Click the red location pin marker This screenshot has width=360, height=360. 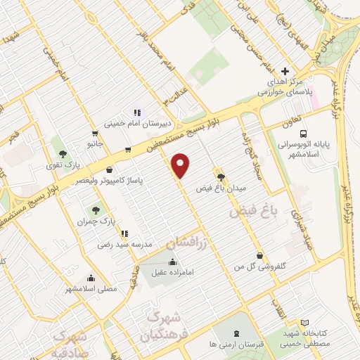tap(181, 165)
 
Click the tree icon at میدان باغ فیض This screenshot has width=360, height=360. tap(221, 177)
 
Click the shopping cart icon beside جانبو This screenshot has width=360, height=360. tap(95, 132)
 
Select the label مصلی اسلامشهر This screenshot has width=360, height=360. tap(90, 289)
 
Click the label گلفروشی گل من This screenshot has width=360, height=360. tap(261, 267)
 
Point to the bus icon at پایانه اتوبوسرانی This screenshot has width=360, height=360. tap(303, 134)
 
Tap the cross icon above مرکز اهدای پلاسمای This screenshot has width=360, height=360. tap(285, 71)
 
